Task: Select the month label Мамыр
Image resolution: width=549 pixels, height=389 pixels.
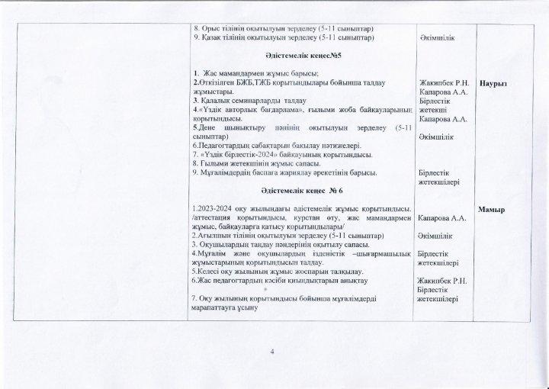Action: [496, 208]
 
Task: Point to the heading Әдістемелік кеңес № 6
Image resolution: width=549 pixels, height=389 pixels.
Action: [301, 189]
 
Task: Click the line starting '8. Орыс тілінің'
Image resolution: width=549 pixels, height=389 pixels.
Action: [282, 27]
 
